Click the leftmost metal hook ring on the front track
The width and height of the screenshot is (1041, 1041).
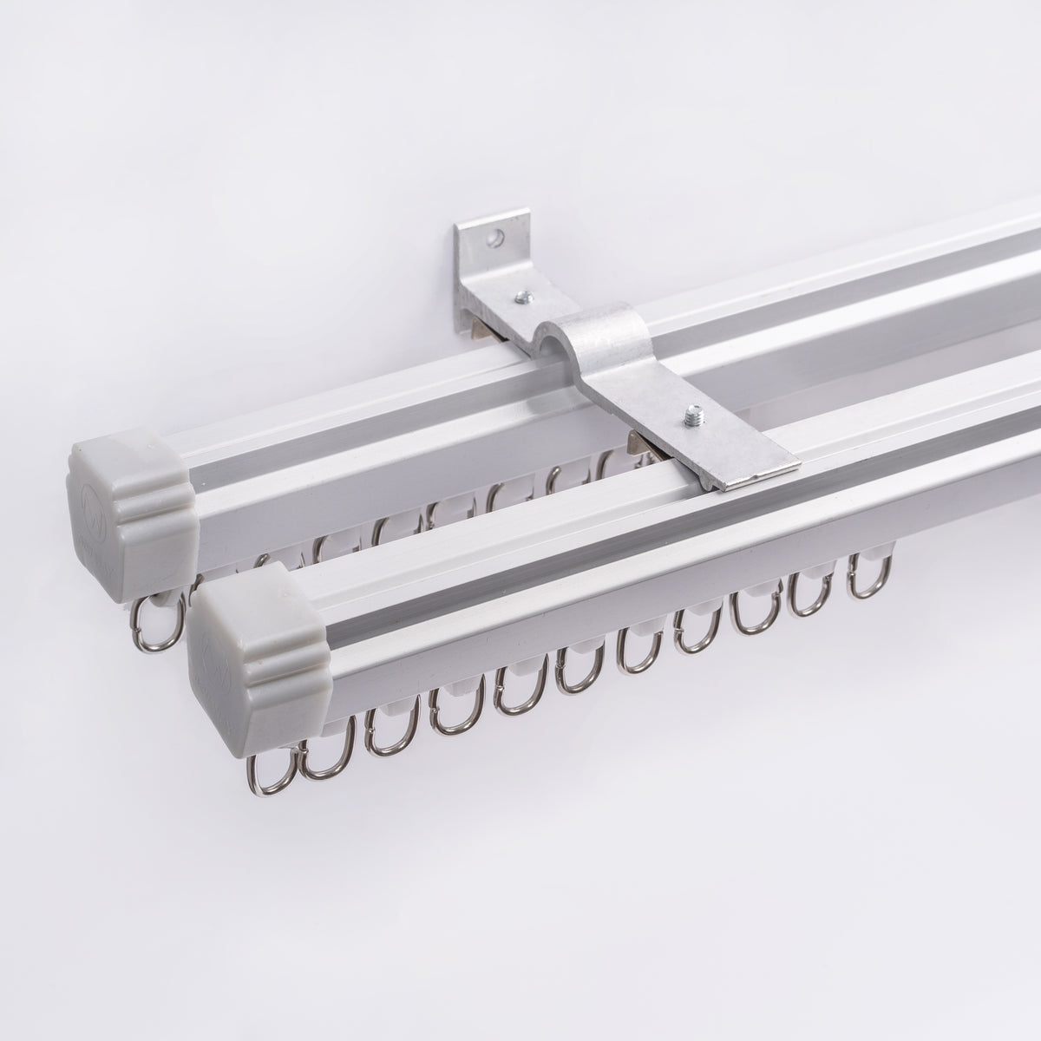[x=271, y=763]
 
